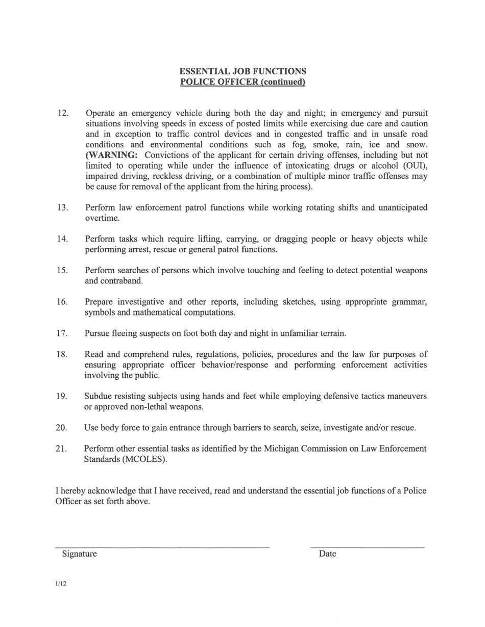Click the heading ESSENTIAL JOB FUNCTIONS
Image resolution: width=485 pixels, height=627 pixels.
243,71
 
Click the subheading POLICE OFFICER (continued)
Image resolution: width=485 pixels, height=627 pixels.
243,82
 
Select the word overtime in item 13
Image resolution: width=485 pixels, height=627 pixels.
102,218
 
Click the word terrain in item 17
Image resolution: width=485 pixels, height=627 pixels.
332,333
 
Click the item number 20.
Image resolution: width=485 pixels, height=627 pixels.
62,428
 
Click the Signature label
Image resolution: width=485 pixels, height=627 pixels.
79,554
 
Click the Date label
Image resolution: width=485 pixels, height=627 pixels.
327,554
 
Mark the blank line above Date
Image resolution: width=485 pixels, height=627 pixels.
367,547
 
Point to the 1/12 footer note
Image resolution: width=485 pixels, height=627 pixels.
61,584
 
